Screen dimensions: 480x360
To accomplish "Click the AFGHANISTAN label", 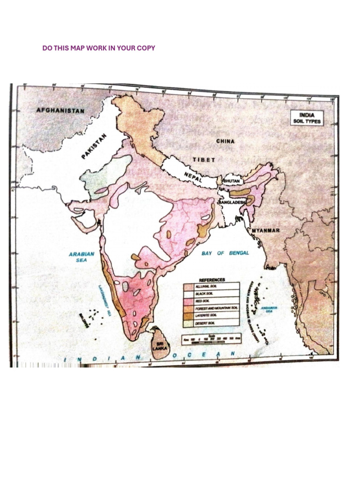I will click(x=60, y=111).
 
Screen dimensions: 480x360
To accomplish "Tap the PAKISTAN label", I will click(x=94, y=146).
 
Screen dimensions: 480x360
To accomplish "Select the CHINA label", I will click(x=225, y=141).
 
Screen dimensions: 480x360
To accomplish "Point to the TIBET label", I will click(x=204, y=159).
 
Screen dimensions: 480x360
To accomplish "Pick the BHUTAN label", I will click(x=231, y=180).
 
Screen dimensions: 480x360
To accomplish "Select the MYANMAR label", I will click(x=266, y=231).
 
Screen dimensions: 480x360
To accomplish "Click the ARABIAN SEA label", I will click(x=82, y=257).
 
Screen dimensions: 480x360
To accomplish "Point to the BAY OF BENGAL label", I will click(x=225, y=253).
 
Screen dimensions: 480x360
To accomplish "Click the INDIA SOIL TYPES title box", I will click(x=304, y=118).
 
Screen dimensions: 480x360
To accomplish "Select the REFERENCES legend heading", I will click(x=212, y=280).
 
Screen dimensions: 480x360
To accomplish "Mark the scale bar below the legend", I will click(x=211, y=337).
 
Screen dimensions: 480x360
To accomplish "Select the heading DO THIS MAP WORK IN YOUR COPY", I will click(x=98, y=48).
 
